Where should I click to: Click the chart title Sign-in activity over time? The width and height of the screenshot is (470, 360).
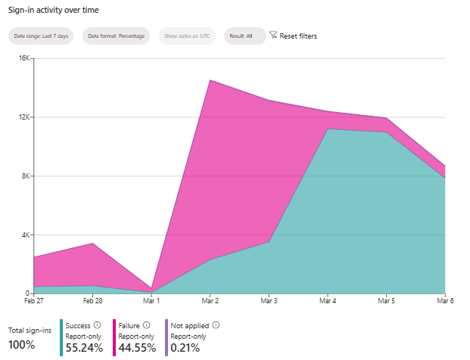click(53, 10)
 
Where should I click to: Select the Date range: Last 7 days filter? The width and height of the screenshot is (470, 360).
click(41, 36)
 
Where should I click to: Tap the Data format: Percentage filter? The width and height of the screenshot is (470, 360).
click(117, 36)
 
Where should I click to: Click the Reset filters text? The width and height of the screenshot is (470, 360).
click(298, 36)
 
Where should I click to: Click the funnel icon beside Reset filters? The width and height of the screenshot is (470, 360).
click(273, 36)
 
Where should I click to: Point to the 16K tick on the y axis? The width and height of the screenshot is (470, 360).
click(23, 58)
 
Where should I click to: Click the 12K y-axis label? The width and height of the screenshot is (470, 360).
click(23, 117)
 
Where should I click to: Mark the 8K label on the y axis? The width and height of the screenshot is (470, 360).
click(24, 176)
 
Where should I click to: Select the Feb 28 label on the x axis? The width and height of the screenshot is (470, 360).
click(93, 301)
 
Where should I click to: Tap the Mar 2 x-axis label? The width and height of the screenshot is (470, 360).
click(210, 301)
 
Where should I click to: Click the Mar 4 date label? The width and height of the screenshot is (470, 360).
click(327, 301)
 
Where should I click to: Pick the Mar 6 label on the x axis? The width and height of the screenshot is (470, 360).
click(444, 301)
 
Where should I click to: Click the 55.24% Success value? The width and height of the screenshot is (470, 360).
click(84, 348)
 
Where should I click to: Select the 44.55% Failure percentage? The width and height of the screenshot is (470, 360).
click(137, 348)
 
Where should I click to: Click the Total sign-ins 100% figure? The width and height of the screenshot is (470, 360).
click(22, 346)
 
